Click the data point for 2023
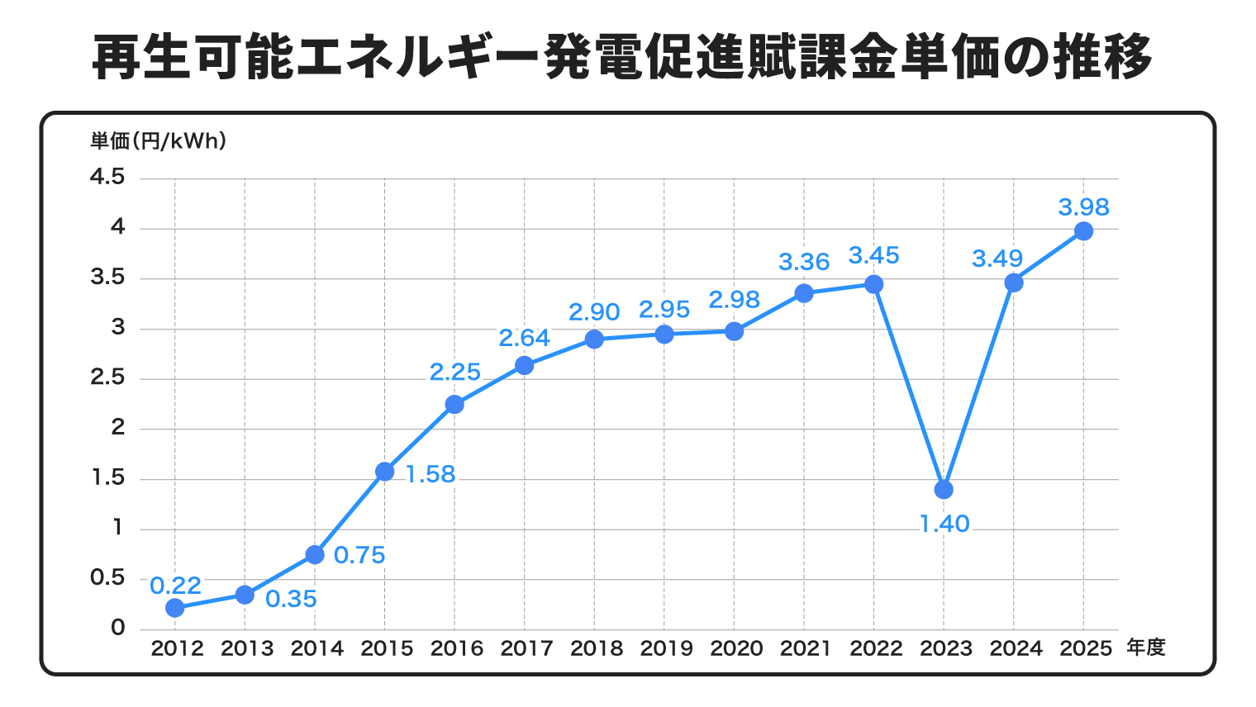coord(944,490)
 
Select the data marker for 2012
coord(174,608)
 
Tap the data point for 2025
coord(1083,231)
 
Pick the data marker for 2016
coord(454,404)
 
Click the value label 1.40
coord(944,524)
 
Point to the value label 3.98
coord(1083,206)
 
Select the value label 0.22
coord(175,586)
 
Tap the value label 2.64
coord(524,338)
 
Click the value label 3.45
coord(873,255)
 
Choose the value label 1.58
coord(431,474)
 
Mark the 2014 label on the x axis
coord(316,648)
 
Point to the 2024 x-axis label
coord(1016,648)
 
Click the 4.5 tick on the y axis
coord(107,177)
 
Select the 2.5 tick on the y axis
coord(107,377)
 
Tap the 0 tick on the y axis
coord(118,628)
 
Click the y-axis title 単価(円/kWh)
coord(158,141)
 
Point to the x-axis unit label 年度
coord(1145,648)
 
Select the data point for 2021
coord(804,293)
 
